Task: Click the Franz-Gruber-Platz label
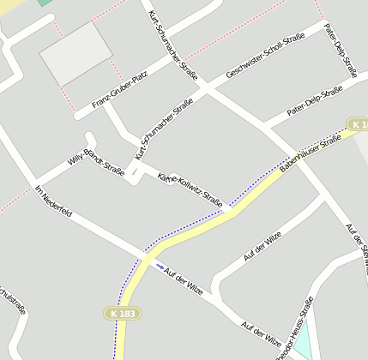click(x=119, y=91)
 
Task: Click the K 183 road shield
click(x=123, y=315)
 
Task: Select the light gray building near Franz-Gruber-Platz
click(x=75, y=53)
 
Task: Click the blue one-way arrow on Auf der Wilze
click(x=159, y=265)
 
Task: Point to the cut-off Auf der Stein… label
click(x=356, y=245)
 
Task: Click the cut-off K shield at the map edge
click(x=359, y=125)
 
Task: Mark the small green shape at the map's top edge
click(x=45, y=3)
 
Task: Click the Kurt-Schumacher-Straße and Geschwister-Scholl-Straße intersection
click(x=205, y=87)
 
